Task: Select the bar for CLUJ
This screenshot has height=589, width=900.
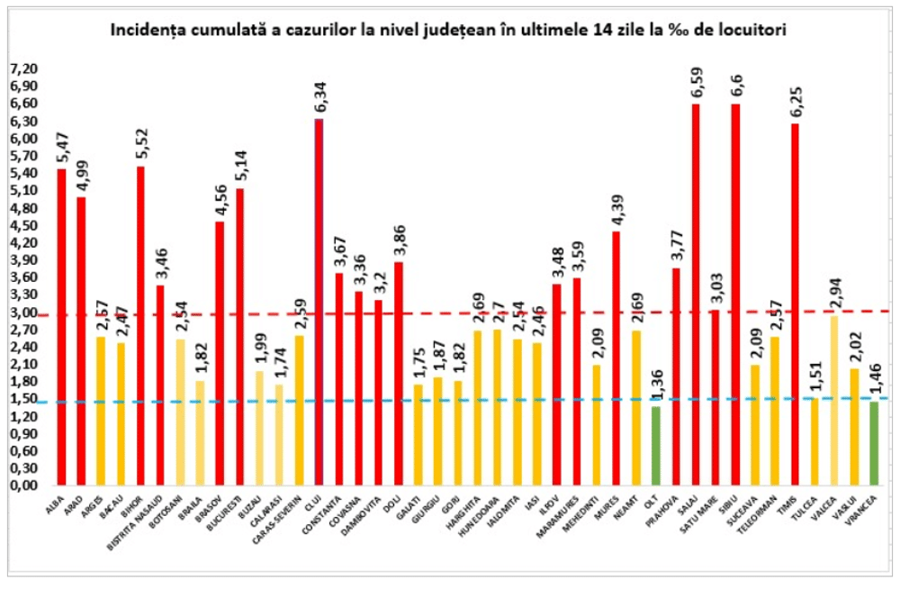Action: (319, 302)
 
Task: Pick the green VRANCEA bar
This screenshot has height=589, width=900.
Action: (874, 442)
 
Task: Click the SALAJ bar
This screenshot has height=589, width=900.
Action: (695, 294)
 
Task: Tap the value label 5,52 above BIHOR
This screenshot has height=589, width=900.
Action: (141, 145)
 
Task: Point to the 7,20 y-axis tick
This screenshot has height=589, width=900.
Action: (24, 68)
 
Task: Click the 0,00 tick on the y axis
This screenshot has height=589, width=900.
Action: (24, 485)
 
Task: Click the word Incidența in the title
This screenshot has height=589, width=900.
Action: (141, 30)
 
